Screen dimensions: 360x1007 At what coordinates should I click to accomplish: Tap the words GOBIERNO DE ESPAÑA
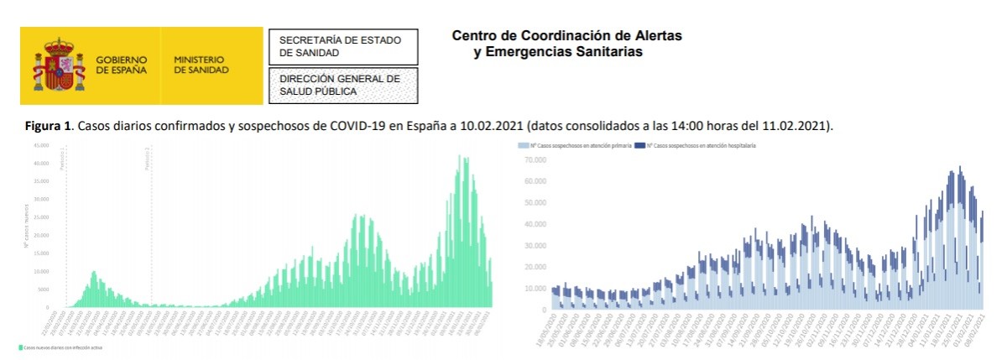(122, 65)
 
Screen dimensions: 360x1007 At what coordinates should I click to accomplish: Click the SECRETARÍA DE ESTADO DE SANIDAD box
(342, 46)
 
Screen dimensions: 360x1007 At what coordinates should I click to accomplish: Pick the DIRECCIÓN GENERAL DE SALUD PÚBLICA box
(342, 85)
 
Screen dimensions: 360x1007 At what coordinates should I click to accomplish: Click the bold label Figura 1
(49, 126)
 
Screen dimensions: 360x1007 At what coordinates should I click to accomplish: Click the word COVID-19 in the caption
(355, 126)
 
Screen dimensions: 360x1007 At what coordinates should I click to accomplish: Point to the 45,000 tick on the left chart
(41, 145)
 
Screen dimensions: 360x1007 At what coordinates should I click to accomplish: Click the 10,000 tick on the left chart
(41, 272)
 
